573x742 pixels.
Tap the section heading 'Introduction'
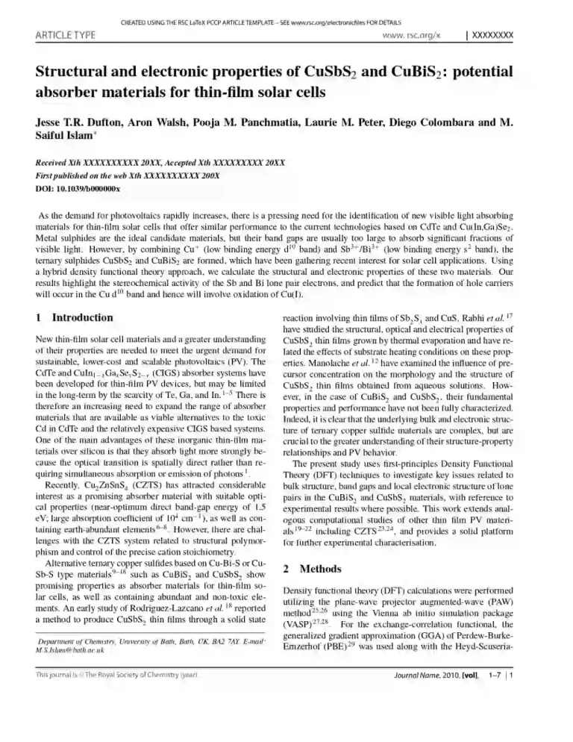(82, 317)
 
